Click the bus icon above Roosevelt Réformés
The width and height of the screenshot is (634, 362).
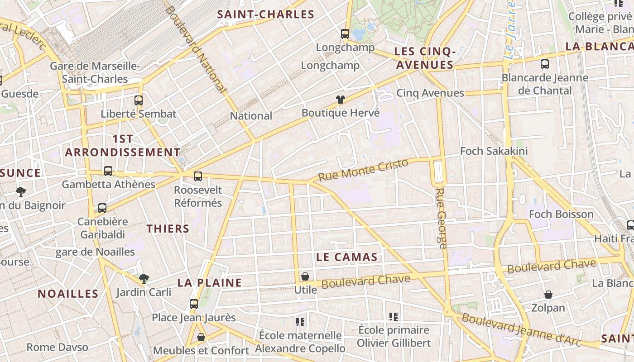(198, 176)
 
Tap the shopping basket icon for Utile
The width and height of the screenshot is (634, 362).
(305, 276)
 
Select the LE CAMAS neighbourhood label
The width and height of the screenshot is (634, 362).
(347, 257)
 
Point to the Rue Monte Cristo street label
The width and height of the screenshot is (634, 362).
(363, 170)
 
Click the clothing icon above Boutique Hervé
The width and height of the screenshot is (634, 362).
(341, 100)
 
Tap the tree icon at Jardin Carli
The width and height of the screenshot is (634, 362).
(144, 278)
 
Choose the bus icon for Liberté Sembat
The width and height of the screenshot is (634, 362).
(139, 100)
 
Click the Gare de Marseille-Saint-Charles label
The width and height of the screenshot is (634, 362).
(95, 72)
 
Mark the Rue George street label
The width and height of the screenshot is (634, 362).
(442, 218)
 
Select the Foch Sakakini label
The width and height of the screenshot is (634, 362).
(494, 151)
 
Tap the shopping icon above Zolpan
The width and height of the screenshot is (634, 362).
(548, 295)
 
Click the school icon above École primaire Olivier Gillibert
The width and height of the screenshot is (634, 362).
(393, 317)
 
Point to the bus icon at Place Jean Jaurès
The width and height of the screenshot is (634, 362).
(194, 304)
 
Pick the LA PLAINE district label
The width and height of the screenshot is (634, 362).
(209, 283)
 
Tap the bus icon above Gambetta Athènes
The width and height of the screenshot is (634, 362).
(108, 171)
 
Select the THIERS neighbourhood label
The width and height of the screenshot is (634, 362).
(168, 229)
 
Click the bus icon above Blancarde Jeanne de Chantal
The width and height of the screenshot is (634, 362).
(545, 64)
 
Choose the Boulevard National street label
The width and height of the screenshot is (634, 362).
(196, 49)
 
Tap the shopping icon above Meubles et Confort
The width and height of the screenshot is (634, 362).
(201, 337)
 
